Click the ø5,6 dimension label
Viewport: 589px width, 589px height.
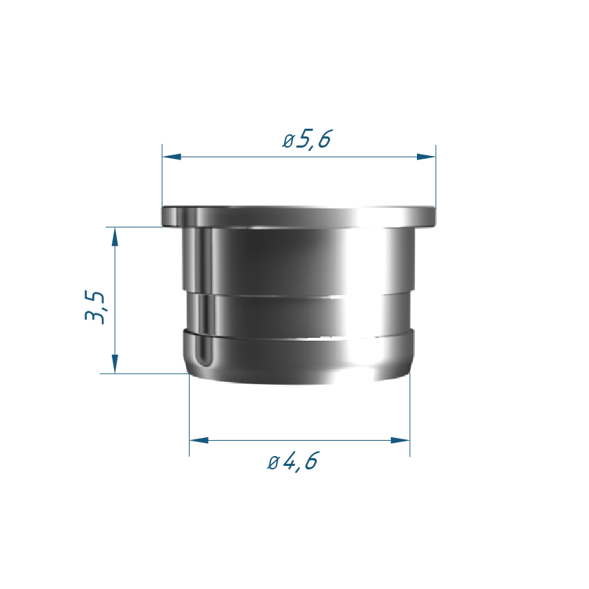tap(307, 139)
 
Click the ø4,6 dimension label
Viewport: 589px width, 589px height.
tap(292, 461)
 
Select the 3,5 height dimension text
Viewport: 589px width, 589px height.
tap(94, 307)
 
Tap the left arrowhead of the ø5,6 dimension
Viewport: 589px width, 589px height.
tap(171, 157)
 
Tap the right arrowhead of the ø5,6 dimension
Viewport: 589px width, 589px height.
tap(426, 157)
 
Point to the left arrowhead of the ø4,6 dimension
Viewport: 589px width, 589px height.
tap(199, 440)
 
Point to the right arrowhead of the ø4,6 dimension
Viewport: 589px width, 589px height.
tap(400, 440)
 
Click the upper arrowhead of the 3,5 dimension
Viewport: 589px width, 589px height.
tap(115, 236)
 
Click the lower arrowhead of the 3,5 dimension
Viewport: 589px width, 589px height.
tap(115, 364)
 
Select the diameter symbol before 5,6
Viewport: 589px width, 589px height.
tap(288, 141)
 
